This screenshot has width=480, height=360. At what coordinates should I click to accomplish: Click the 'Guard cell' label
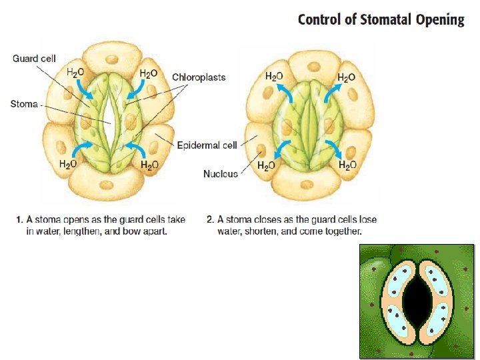click(35, 59)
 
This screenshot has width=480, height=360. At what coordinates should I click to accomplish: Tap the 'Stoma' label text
click(24, 104)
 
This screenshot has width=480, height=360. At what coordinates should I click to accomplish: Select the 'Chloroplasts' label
click(199, 77)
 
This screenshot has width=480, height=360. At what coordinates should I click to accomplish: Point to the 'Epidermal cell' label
click(207, 145)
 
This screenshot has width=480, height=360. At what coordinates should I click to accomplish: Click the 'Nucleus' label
click(220, 174)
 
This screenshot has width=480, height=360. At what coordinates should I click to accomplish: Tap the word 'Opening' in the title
click(440, 19)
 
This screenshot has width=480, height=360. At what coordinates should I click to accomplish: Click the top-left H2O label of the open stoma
click(75, 73)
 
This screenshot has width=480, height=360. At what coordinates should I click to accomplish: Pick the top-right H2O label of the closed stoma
click(345, 77)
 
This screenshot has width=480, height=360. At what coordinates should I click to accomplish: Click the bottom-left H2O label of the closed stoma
click(265, 166)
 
